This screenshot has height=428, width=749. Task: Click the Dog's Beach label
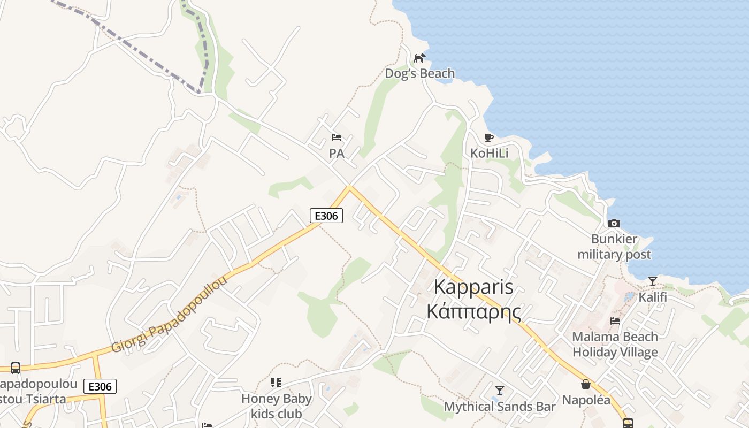click(x=420, y=74)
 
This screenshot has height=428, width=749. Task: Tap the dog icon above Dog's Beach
click(x=420, y=58)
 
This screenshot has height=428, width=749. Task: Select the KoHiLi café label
click(x=489, y=154)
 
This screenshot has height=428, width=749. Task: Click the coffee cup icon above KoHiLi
click(x=488, y=137)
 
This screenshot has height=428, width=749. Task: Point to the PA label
click(x=337, y=154)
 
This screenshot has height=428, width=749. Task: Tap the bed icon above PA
click(x=337, y=137)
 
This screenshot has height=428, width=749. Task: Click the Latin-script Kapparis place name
click(x=473, y=287)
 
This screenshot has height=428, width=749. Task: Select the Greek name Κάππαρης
click(x=473, y=311)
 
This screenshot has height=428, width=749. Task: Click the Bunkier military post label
click(x=614, y=247)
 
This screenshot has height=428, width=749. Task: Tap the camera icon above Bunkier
click(x=614, y=223)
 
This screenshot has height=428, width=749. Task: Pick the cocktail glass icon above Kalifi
click(x=653, y=281)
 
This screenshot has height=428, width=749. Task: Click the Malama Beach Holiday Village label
click(x=615, y=345)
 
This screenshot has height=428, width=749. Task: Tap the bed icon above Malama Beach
click(x=615, y=321)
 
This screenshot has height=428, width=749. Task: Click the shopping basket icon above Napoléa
click(x=586, y=384)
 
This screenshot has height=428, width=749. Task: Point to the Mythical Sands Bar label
click(x=500, y=407)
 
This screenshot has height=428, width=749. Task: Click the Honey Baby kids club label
click(x=277, y=406)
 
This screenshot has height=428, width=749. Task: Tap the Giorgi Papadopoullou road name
click(x=169, y=316)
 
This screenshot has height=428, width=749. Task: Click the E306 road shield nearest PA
click(x=326, y=216)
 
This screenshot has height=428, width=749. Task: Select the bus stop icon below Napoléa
click(x=628, y=423)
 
